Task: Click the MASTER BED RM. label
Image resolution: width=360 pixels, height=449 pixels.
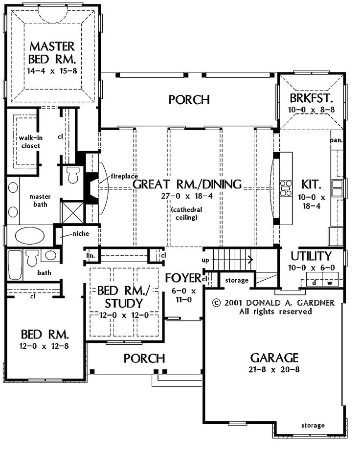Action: [52, 53]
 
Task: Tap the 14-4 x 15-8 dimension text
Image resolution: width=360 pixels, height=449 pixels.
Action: [52, 71]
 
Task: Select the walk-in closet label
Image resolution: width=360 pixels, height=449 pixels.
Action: [31, 142]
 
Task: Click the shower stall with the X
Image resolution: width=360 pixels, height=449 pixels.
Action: [73, 212]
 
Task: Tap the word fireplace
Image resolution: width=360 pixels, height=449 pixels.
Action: [124, 177]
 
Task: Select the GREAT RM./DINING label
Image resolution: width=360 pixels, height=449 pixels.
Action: [187, 184]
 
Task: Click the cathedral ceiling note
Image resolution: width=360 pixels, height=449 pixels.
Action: [186, 214]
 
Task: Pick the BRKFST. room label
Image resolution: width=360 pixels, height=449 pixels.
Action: [311, 98]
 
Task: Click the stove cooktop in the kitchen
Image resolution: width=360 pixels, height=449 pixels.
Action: [286, 188]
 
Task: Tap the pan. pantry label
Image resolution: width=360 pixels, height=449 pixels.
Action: [336, 140]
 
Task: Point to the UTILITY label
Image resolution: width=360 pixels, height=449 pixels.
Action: [311, 256]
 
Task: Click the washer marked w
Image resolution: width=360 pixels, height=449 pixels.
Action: [330, 283]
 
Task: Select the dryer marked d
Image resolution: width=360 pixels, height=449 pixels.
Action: [314, 283]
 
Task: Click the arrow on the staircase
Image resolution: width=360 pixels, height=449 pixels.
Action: [232, 260]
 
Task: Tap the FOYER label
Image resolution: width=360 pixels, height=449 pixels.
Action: [183, 278]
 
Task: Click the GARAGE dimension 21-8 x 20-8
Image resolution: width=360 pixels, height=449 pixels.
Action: [274, 369]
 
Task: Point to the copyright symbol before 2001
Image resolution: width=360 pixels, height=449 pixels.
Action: [217, 303]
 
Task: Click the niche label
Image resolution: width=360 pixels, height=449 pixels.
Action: [81, 234]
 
